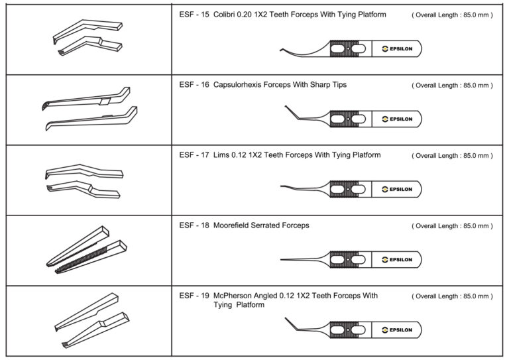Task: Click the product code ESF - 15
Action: pyautogui.click(x=194, y=15)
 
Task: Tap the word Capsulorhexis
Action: pyautogui.click(x=241, y=85)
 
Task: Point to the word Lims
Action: pyautogui.click(x=222, y=155)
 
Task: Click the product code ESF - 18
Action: pyautogui.click(x=194, y=225)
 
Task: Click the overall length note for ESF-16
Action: pyautogui.click(x=452, y=86)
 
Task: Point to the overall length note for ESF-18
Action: pyautogui.click(x=452, y=226)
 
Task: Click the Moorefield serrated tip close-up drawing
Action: pyautogui.click(x=85, y=251)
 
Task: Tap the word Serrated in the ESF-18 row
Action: pyautogui.click(x=270, y=225)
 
